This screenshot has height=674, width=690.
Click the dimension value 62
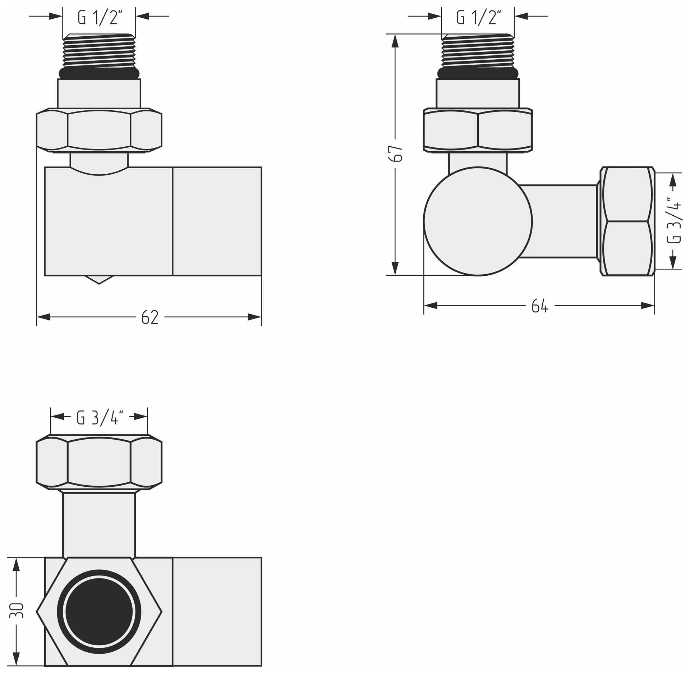click(x=150, y=317)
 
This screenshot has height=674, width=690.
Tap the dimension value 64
click(x=540, y=306)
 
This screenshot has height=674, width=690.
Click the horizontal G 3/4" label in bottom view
click(x=100, y=417)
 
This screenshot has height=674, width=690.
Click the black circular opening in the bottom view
click(x=99, y=612)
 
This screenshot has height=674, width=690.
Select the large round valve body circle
click(x=478, y=221)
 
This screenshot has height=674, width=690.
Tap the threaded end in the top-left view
click(x=99, y=51)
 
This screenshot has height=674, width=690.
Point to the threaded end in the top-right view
click(x=478, y=51)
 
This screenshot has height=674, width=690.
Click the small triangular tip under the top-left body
click(x=99, y=280)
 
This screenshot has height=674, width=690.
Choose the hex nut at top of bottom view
click(x=99, y=462)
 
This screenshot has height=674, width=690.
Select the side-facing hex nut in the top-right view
click(x=627, y=221)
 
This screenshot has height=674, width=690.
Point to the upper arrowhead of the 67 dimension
click(x=395, y=41)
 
